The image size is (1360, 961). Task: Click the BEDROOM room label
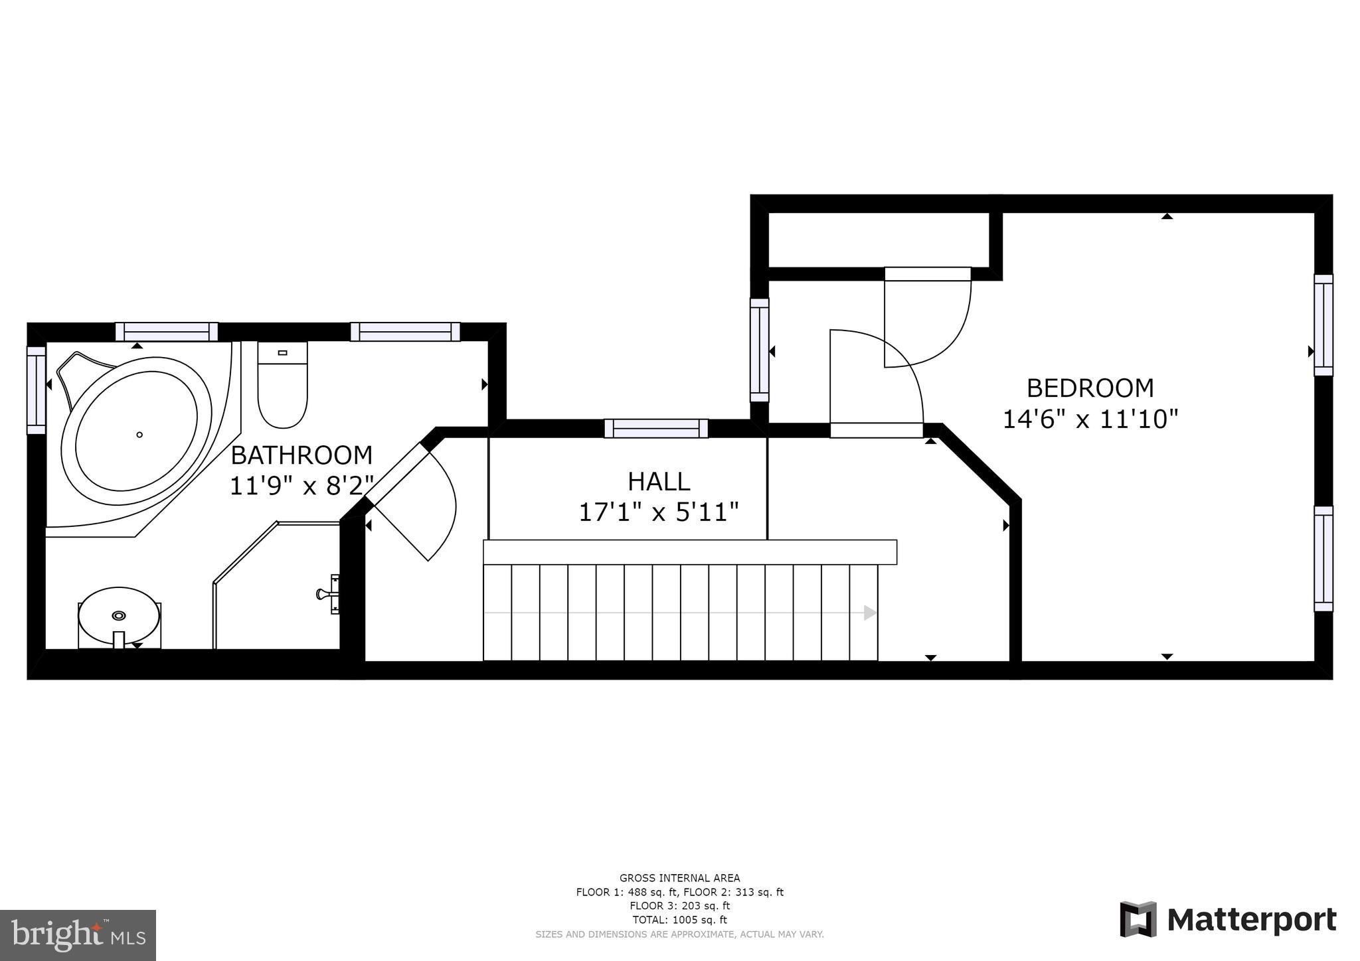1090,388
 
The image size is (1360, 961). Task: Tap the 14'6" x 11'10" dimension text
1090,419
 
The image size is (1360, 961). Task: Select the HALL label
659,481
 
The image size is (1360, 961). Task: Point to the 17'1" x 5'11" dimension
659,512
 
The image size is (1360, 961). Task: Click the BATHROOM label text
301,455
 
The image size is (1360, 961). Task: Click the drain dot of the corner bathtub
139,435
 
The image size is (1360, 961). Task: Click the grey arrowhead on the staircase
869,613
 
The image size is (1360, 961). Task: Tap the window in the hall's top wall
656,429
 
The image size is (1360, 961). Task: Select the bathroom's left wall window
36,390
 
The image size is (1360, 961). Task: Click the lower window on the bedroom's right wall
1323,559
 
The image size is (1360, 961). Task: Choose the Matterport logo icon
1138,919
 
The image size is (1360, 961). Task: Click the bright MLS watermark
78,935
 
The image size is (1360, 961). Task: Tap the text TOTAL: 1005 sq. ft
679,920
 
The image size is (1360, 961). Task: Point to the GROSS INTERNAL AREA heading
679,878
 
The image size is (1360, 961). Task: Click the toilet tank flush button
282,353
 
